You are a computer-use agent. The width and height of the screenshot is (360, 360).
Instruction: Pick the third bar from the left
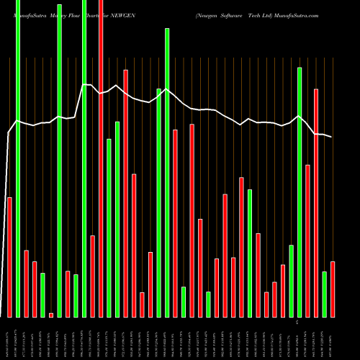[26, 284]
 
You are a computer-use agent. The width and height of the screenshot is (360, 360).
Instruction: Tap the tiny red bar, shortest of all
[51, 315]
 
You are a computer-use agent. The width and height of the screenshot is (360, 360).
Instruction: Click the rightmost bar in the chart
[333, 289]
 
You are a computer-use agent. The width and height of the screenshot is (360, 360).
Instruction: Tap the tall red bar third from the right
[316, 202]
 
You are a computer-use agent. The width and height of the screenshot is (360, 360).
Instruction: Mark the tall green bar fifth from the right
[300, 192]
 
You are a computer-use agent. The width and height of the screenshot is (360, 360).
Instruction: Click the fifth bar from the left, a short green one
[42, 295]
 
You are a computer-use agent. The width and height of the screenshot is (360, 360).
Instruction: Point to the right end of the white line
[332, 137]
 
